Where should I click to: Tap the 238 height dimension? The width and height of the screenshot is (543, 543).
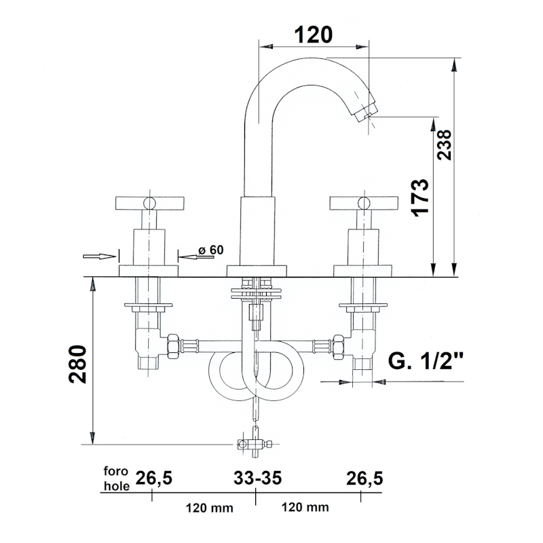(x=444, y=144)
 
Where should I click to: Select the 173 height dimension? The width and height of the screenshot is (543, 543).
(x=421, y=197)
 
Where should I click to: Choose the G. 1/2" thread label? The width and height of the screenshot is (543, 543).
(x=426, y=361)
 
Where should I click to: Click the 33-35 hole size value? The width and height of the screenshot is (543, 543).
(x=257, y=479)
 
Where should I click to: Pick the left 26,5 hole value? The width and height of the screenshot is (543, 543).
(x=153, y=479)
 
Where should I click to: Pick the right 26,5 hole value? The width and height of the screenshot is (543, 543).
(x=364, y=479)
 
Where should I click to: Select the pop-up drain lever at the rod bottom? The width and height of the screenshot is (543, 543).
(x=254, y=445)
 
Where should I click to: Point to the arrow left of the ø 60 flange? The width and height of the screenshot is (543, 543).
(x=98, y=256)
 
